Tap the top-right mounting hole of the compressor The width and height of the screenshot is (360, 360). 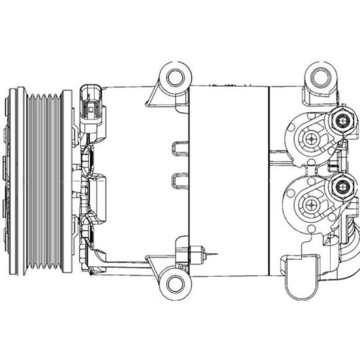(x=320, y=75)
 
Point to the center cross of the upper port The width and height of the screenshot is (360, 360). (x=311, y=139)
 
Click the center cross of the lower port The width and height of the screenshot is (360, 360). (x=310, y=205)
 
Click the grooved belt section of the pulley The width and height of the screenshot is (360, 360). (x=44, y=180)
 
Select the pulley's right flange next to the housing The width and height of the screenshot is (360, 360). (x=67, y=180)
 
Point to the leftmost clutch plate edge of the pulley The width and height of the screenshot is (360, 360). (x=13, y=180)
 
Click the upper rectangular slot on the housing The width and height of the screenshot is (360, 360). (x=180, y=148)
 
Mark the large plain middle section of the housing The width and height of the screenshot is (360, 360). (x=228, y=180)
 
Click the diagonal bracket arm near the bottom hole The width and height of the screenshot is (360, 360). (x=155, y=265)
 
